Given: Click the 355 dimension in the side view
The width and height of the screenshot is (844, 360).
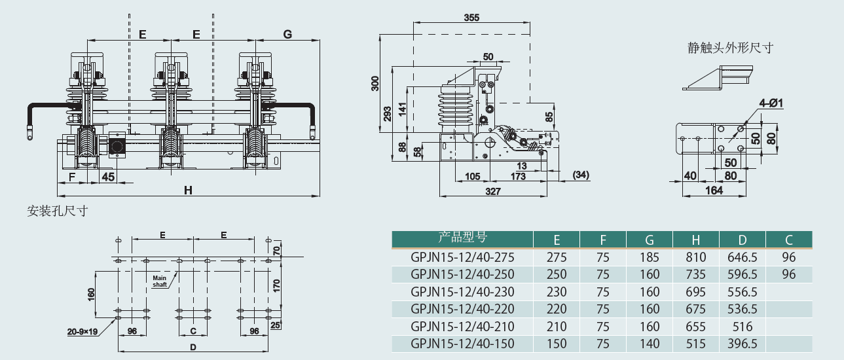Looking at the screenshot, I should coord(472,17).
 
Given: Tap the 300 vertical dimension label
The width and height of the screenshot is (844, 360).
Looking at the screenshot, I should coord(375,83).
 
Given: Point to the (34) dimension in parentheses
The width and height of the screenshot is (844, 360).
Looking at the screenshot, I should coord(581,175).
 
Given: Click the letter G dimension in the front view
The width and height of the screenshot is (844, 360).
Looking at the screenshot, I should coord(287,34).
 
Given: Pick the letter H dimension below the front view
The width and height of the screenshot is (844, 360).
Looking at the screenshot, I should coord(188,190).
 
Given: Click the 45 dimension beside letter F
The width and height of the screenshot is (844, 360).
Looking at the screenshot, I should coord(108,176).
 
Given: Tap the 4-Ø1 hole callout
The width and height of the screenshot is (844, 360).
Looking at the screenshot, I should coord(772,103).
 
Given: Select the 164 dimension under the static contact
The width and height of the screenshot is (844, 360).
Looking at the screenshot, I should coord(714,190).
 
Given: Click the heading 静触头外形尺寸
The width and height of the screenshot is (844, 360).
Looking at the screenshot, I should coord(731,48).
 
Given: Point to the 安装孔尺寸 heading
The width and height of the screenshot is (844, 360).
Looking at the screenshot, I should coord(58,211).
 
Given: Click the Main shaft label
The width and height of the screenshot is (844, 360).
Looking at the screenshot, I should coord(160,281).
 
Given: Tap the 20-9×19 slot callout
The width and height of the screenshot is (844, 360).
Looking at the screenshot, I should coord(82,332).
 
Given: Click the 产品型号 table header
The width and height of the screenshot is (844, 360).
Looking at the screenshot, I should coord(462,238).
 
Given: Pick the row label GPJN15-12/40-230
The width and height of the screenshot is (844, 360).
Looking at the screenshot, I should coord(462,291).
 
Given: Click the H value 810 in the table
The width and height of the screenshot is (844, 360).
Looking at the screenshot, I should coord(696,257).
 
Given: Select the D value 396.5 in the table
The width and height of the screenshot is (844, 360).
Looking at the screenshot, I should coord(742,344).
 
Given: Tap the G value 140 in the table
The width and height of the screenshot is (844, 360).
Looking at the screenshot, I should coord(650,344).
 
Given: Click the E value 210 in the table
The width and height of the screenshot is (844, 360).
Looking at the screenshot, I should coord(557,327).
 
